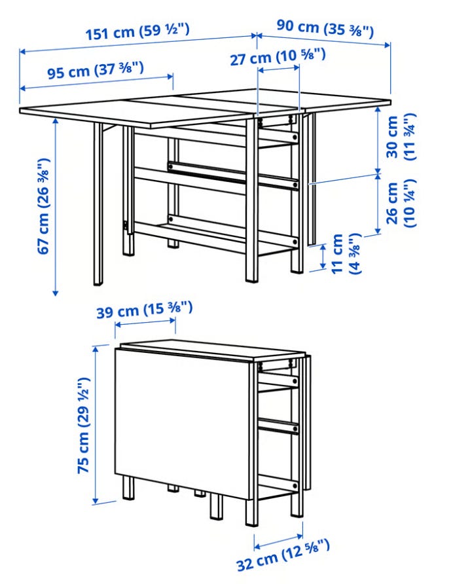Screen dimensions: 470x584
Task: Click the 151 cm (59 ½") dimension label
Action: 137,31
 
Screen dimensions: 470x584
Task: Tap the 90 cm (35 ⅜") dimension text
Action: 325,28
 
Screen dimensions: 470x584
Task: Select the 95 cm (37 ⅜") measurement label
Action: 96,70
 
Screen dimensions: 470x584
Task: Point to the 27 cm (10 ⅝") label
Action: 278,58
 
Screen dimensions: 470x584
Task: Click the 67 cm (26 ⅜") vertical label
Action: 44,206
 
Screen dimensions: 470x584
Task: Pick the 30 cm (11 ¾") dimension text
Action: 401,136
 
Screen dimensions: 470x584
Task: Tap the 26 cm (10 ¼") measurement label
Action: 401,203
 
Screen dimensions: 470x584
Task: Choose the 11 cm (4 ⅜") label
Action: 346,253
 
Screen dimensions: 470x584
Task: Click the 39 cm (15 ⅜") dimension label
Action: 145,310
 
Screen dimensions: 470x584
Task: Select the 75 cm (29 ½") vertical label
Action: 83,426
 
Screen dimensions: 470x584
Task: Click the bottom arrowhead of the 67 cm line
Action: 56,293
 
